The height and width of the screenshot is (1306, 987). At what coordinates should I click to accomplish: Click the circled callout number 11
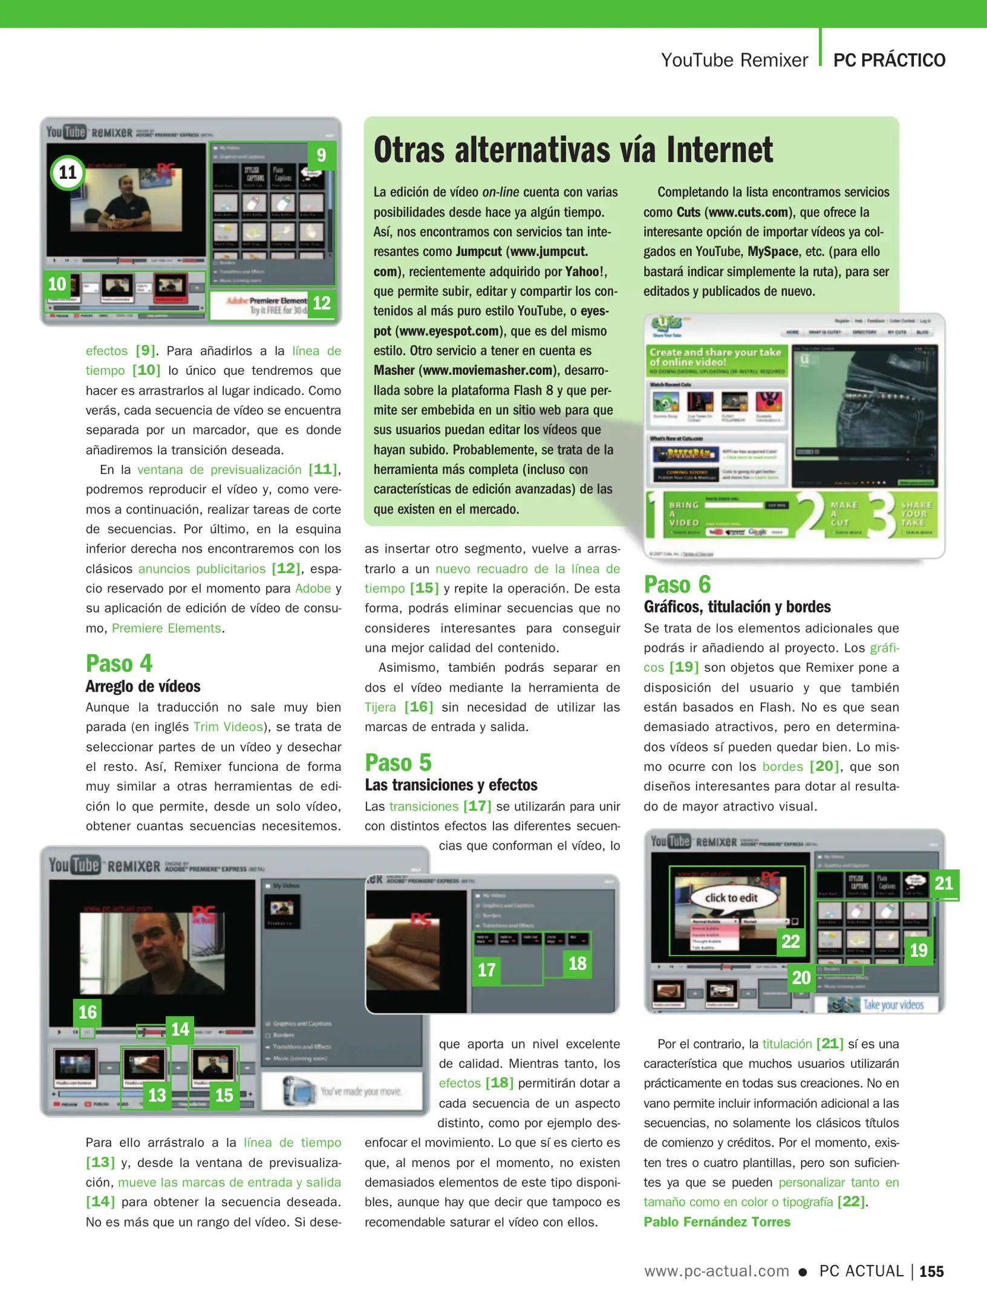coord(68,173)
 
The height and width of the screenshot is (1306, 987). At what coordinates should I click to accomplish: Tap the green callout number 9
coord(321,155)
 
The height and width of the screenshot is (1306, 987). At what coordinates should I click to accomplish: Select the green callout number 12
coord(321,303)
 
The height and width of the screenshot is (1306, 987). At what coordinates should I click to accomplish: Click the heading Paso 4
coord(119,663)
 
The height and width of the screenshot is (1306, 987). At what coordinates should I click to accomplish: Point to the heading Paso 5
coord(398,762)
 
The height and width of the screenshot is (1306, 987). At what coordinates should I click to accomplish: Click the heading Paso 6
coord(677,585)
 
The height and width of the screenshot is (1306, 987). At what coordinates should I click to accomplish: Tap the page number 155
coord(931,1272)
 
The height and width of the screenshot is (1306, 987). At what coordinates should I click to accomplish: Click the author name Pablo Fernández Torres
coord(717,1221)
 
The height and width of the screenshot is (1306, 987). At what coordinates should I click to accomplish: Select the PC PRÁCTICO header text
coord(889,60)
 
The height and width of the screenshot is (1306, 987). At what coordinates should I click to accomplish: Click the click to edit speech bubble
coord(731,898)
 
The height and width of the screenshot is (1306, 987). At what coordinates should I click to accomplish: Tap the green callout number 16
coord(88,1012)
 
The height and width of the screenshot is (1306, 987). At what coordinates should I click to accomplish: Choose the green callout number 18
coord(577,964)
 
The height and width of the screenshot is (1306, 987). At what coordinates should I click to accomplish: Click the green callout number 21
coord(943,883)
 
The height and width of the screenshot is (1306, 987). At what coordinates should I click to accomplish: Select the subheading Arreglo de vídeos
coord(143,686)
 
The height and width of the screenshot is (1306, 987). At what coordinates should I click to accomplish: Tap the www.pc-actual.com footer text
coord(717,1271)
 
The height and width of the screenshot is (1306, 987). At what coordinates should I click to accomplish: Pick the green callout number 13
coord(157,1095)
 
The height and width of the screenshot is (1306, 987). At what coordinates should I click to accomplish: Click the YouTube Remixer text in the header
coord(734,60)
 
